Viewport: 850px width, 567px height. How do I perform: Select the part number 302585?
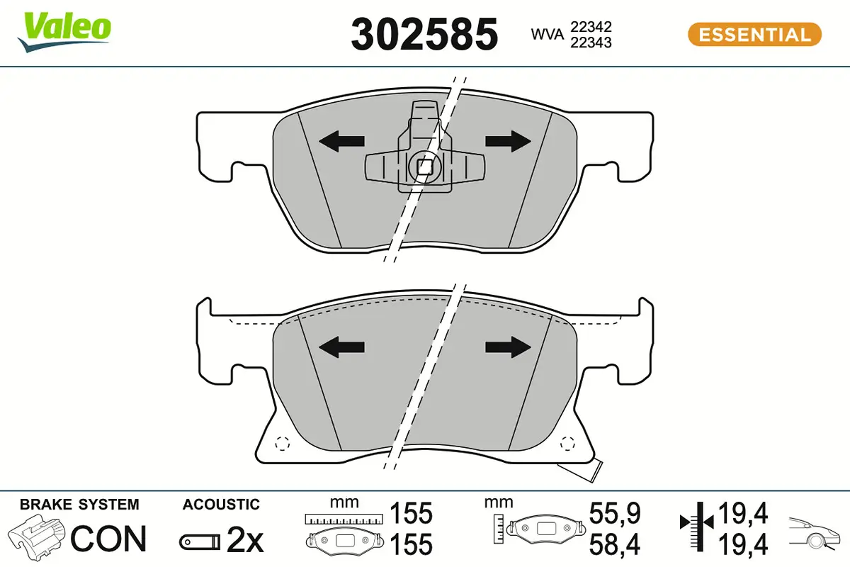coord(424,33)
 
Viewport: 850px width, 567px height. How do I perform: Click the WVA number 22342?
coord(591,26)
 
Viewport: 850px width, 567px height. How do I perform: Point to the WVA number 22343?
coord(591,43)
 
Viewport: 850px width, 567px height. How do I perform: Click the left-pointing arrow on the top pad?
coord(341,142)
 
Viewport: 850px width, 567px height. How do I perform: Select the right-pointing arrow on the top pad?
coord(508,141)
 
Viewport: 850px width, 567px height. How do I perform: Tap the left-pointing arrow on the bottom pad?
coord(341,347)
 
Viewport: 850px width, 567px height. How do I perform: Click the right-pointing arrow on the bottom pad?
coord(508,346)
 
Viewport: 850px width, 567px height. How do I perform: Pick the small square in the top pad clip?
coord(424,167)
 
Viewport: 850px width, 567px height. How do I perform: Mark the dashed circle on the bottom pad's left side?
coord(282,444)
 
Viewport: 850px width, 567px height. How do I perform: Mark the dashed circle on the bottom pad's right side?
coord(567,444)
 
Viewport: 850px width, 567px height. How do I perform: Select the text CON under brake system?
coord(108,539)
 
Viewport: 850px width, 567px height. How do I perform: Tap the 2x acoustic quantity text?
coord(244,541)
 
